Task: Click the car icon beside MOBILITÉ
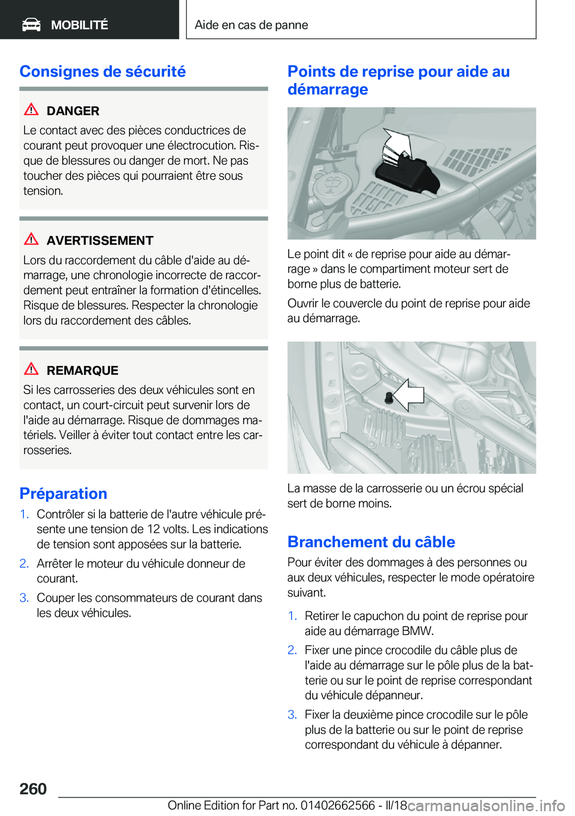pyautogui.click(x=31, y=25)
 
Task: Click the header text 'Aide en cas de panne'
pyautogui.click(x=251, y=25)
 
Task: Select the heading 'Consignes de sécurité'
pyautogui.click(x=102, y=71)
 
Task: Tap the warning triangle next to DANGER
pyautogui.click(x=31, y=110)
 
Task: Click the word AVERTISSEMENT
pyautogui.click(x=100, y=241)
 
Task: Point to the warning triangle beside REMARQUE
pyautogui.click(x=31, y=369)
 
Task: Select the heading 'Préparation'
pyautogui.click(x=63, y=494)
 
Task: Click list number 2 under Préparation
pyautogui.click(x=24, y=564)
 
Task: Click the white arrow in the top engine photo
pyautogui.click(x=398, y=146)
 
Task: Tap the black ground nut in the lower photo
pyautogui.click(x=388, y=397)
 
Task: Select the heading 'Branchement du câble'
pyautogui.click(x=371, y=542)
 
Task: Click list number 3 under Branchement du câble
pyautogui.click(x=292, y=715)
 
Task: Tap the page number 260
pyautogui.click(x=33, y=789)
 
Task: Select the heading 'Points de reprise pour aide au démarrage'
pyautogui.click(x=398, y=80)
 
